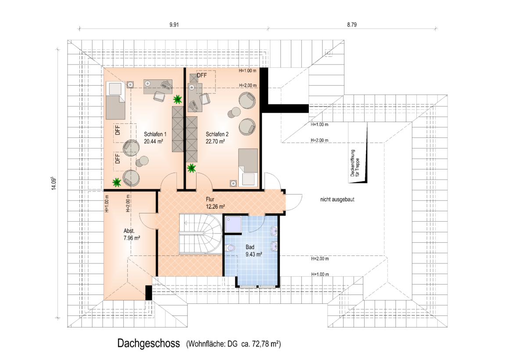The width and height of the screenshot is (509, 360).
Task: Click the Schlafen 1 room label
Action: click(155, 134)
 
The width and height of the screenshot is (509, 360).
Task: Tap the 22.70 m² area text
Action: click(215, 141)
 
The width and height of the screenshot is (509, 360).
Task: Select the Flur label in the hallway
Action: click(210, 199)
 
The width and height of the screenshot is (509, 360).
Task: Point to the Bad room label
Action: click(250, 247)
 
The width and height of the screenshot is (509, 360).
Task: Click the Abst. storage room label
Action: click(129, 231)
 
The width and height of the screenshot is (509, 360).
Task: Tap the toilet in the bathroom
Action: click(230, 248)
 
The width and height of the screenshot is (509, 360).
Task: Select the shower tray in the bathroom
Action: click(233, 224)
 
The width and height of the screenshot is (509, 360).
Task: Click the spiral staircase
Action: click(201, 234)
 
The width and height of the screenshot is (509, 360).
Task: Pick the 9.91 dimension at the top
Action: click(174, 25)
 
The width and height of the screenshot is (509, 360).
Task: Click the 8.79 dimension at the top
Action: click(352, 25)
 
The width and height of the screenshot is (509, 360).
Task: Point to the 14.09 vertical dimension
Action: click(54, 183)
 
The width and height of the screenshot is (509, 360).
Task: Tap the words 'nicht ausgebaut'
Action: click(337, 199)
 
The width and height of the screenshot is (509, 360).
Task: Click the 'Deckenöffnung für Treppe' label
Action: click(355, 163)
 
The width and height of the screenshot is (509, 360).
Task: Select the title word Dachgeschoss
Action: click(149, 343)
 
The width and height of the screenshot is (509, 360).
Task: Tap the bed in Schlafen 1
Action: click(115, 100)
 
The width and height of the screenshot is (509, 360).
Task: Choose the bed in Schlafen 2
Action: click(248, 168)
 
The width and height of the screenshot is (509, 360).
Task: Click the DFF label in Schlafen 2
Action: click(201, 76)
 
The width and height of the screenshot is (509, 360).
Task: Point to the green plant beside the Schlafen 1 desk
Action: click(177, 99)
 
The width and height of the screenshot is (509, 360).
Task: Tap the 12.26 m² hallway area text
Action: click(215, 207)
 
